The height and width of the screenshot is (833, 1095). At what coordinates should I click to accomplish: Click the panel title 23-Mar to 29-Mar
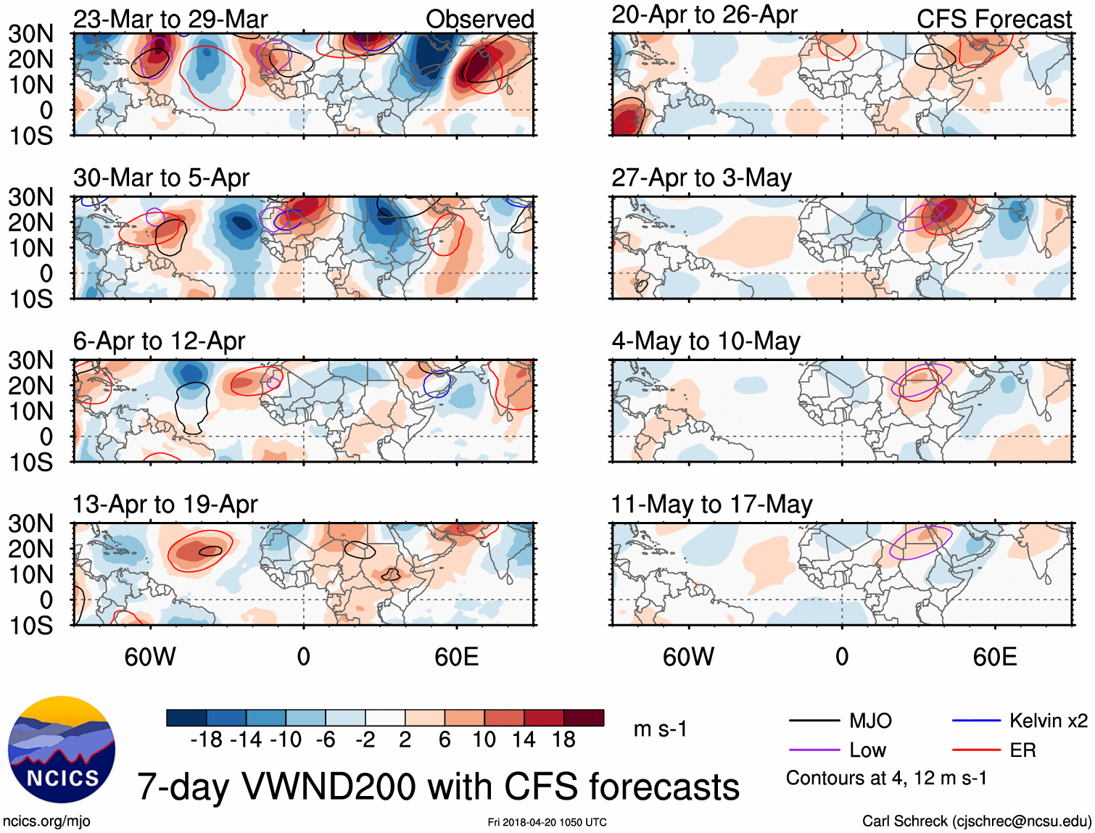[x=170, y=19]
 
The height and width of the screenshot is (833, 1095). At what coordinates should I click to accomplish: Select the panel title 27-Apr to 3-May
[x=701, y=178]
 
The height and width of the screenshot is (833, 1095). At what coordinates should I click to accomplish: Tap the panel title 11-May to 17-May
[x=711, y=504]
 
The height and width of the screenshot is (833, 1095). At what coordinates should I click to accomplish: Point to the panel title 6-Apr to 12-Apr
[x=159, y=341]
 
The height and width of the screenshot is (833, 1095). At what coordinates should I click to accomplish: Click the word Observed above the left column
[x=479, y=20]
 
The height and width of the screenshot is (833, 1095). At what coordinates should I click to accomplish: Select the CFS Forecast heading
[x=993, y=20]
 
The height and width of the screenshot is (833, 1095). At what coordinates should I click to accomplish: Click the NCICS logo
[x=62, y=750]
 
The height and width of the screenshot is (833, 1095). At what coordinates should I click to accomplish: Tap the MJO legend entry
[x=870, y=721]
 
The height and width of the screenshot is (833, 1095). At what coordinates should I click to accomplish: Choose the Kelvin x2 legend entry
[x=1048, y=721]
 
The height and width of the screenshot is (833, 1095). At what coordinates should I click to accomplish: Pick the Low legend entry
[x=867, y=750]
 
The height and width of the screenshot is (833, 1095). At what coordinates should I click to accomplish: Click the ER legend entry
[x=1022, y=750]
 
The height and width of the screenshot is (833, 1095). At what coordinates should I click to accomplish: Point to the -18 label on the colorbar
[x=206, y=739]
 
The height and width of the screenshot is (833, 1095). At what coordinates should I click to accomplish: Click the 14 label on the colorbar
[x=524, y=739]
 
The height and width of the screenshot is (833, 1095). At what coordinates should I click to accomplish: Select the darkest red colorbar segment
[x=584, y=718]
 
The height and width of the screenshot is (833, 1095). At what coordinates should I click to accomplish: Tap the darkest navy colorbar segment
[x=186, y=718]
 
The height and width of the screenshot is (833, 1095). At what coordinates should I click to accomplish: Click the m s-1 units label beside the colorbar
[x=660, y=729]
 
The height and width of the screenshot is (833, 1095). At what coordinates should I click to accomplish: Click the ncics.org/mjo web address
[x=46, y=821]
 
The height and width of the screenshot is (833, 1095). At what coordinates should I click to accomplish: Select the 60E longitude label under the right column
[x=994, y=657]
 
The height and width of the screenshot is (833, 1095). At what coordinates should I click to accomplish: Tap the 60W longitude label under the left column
[x=150, y=657]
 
